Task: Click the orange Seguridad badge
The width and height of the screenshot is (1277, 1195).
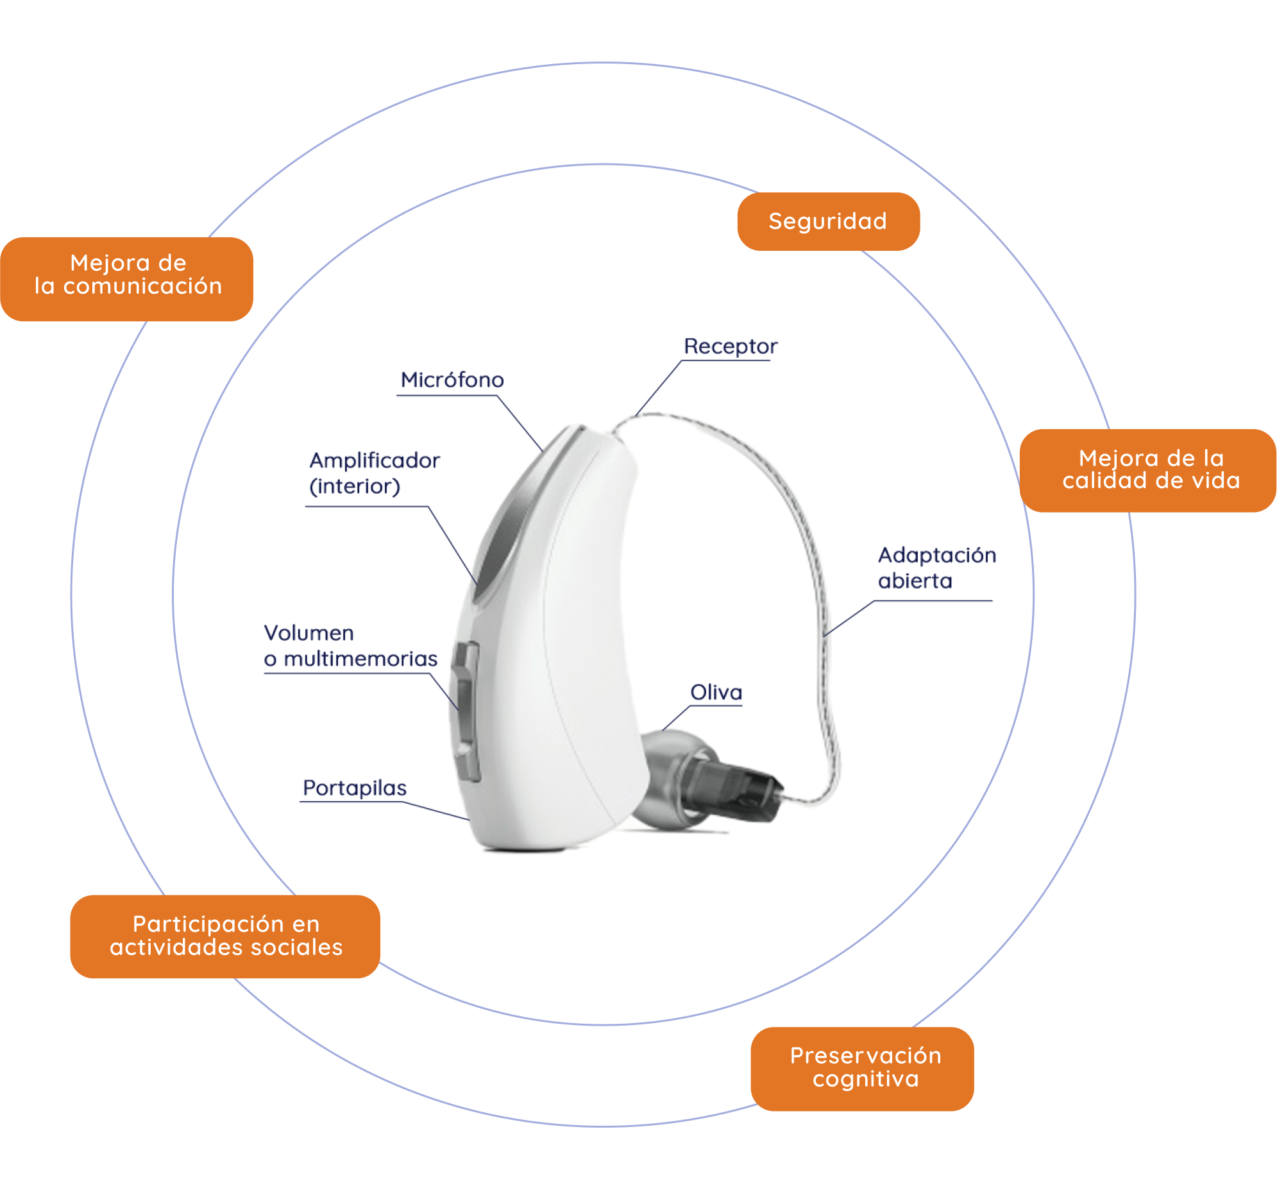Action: point(828,222)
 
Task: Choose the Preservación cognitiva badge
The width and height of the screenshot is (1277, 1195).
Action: point(862,1069)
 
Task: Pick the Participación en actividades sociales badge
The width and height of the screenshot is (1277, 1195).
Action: point(226,936)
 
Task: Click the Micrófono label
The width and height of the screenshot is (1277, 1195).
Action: point(452,380)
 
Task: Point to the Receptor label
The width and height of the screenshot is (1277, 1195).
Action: point(730,346)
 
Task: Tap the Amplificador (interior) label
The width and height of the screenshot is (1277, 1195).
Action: point(374,473)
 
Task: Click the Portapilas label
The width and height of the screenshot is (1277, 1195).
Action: point(355,788)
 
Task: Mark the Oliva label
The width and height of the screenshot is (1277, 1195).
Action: point(716,692)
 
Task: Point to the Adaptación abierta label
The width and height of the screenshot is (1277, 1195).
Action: point(936,568)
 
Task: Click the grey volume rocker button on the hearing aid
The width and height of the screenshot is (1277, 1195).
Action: point(466,710)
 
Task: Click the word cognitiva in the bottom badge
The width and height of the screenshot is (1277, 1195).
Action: point(865,1080)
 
